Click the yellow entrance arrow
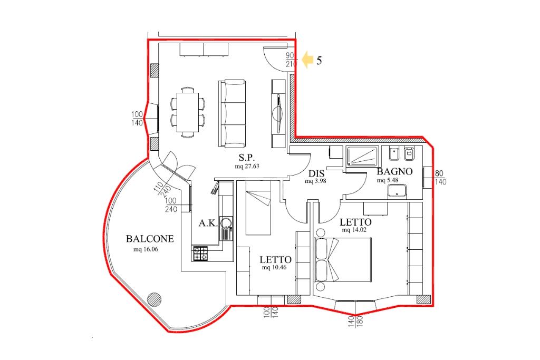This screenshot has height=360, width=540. point(307,60)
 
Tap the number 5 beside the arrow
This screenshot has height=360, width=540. point(319,61)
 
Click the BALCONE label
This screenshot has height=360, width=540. point(150,239)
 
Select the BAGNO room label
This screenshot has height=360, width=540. point(394,171)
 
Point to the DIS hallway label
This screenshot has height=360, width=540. point(316,173)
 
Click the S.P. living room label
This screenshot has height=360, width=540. point(247,158)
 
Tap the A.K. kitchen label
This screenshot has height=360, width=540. point(208,223)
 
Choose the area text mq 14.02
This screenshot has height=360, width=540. point(354,230)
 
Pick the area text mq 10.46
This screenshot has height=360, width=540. point(274,267)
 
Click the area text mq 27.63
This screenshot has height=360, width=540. point(247,166)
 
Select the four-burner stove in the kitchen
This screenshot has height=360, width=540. point(200,254)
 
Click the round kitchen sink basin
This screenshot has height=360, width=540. point(226,222)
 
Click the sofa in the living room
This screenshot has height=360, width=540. point(232,114)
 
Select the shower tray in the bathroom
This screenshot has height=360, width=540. point(362,156)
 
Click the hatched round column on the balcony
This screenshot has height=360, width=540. point(154,299)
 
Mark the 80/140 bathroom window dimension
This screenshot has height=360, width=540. point(440,178)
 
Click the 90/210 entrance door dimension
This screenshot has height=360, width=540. point(291,60)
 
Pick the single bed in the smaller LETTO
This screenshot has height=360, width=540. point(258,208)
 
